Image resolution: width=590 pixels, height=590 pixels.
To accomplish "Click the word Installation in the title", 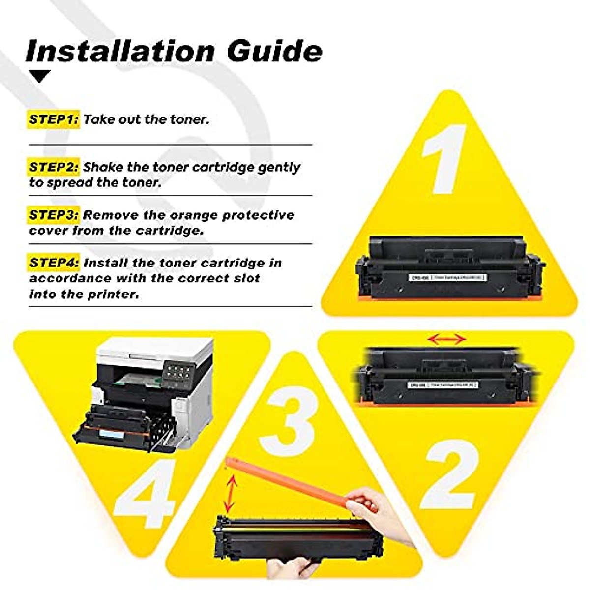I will [120, 51].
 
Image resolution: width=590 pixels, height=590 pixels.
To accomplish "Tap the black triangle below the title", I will [40, 76].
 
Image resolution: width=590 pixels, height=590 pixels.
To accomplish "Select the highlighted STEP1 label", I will [54, 119].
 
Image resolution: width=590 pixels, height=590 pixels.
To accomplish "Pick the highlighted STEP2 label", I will [54, 167].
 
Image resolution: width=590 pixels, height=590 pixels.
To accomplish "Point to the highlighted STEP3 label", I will [54, 215].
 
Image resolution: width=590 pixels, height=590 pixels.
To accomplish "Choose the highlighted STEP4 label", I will [54, 263].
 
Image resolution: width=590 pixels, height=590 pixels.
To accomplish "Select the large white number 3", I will [288, 421].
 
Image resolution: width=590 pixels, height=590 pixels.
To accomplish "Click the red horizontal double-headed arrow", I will [446, 339].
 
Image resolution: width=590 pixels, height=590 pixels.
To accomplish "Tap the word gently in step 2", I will [279, 167].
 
